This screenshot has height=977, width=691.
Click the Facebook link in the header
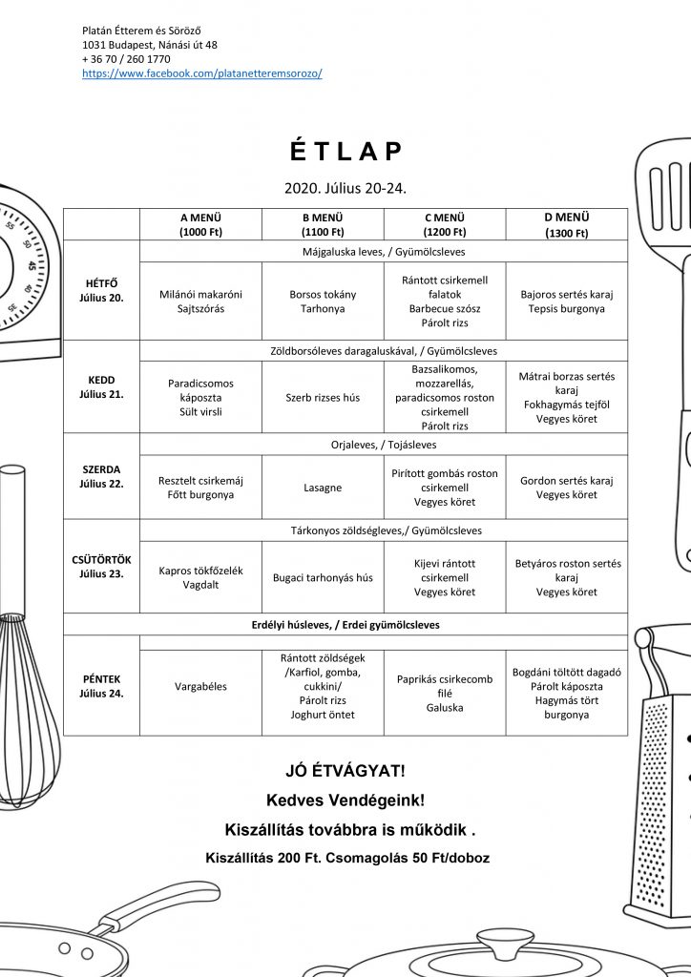tap(202, 73)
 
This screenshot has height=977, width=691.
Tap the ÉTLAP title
tap(345, 152)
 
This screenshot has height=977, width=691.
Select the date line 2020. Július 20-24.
tap(345, 188)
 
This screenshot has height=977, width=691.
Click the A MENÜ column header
tap(200, 224)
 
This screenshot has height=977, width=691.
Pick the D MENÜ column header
tap(566, 224)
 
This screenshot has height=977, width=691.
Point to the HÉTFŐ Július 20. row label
tap(101, 290)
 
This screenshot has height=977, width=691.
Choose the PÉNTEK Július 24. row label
tap(101, 686)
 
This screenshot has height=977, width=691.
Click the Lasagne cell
tap(323, 488)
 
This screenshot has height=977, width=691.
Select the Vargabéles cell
tap(200, 687)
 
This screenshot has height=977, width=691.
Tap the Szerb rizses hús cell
tap(323, 398)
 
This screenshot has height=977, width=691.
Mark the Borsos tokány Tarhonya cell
tap(323, 301)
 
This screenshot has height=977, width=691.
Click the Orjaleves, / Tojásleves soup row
tap(383, 445)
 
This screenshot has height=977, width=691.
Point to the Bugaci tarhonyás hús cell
tap(323, 577)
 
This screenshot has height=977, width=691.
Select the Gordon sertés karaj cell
tap(566, 488)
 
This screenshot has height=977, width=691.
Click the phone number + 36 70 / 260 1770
tap(126, 59)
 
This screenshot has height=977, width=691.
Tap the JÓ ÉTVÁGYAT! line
tap(345, 771)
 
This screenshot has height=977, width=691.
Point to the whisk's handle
tap(12, 540)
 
